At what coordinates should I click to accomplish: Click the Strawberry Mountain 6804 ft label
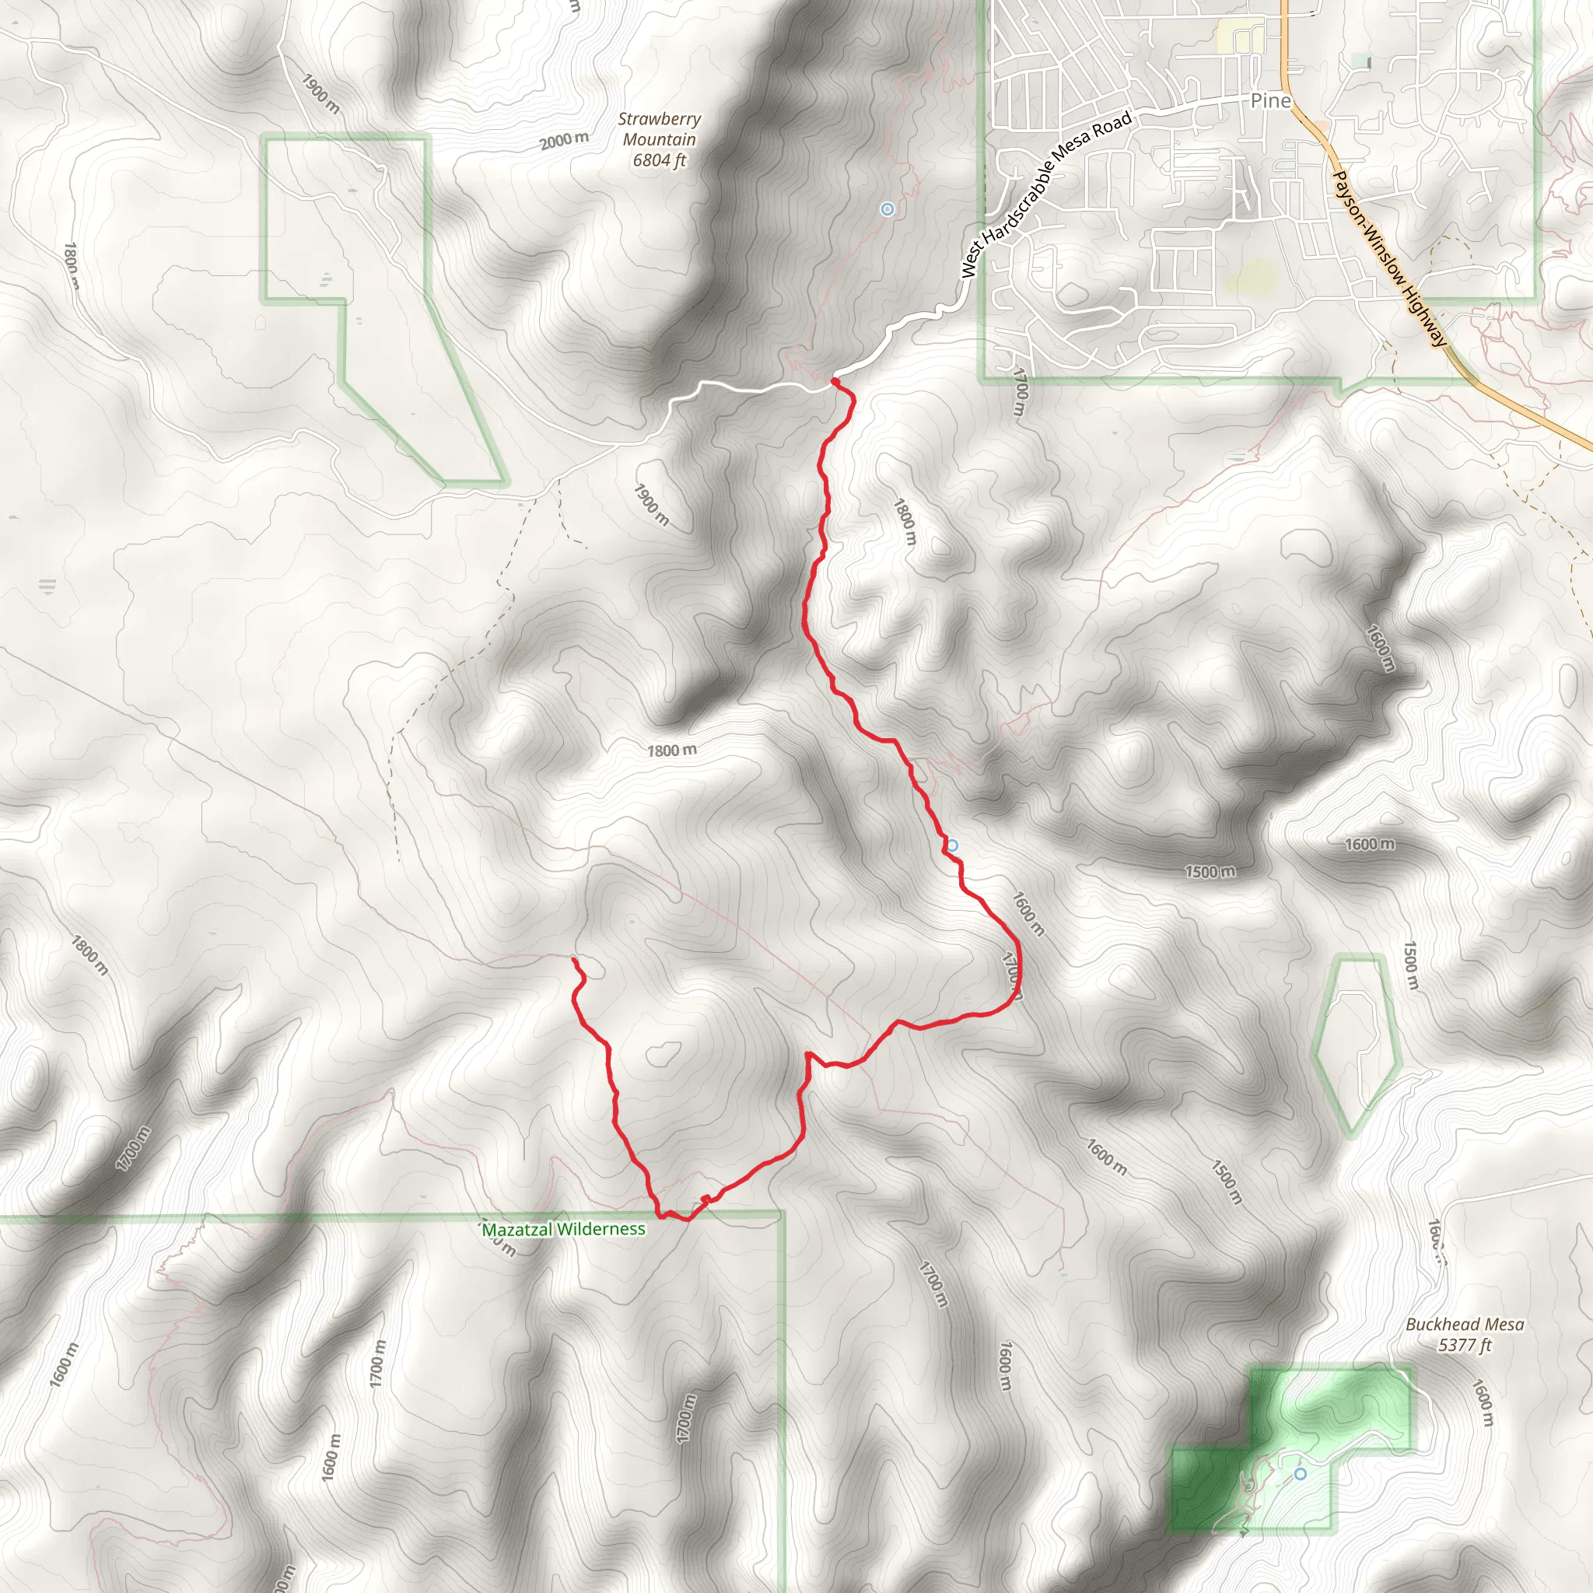(659, 140)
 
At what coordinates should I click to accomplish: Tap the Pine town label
(1269, 100)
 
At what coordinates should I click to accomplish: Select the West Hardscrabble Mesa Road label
(1045, 194)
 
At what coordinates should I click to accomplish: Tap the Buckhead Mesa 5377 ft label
(1465, 1335)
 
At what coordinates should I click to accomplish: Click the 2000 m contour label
(564, 141)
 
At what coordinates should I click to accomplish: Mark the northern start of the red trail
(835, 382)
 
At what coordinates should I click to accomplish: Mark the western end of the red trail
(574, 960)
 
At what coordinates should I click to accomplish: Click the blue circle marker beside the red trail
(952, 846)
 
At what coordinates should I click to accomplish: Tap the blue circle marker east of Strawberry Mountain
(888, 209)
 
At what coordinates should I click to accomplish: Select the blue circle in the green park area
(1301, 1473)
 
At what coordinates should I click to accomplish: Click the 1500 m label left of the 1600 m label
(1210, 871)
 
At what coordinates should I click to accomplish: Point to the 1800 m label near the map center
(671, 751)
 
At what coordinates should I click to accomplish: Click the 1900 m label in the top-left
(320, 94)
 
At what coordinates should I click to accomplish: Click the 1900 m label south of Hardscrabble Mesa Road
(651, 505)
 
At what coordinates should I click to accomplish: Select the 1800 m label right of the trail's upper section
(905, 521)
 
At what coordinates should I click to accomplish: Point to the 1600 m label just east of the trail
(1028, 914)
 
